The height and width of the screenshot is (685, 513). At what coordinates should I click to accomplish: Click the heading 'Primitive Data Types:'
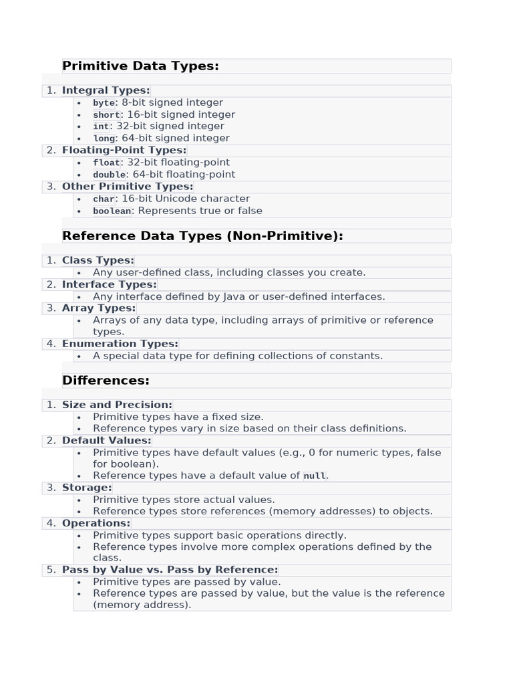pos(140,66)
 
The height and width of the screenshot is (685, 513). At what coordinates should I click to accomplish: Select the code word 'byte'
pos(104,103)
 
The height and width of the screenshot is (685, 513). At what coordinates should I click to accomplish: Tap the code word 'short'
pos(106,115)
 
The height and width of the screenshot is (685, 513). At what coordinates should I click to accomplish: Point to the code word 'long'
pos(104,138)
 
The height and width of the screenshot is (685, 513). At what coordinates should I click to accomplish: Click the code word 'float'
pos(106,163)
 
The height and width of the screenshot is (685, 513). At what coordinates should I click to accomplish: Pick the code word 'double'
pos(109,175)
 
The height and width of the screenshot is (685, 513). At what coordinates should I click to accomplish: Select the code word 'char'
pos(104,199)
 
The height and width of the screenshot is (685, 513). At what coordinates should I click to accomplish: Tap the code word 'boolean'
pos(112,211)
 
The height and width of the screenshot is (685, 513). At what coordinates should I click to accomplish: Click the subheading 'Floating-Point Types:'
pos(124,151)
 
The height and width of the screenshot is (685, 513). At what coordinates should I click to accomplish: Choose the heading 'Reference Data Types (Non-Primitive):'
pos(202,235)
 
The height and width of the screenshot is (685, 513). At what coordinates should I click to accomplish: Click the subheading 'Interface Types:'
pos(109,284)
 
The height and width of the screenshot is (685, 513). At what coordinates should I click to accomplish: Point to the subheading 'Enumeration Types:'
pos(120,344)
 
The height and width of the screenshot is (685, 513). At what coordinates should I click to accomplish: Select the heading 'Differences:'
pos(106,381)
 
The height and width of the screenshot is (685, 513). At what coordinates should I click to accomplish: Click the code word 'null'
pos(314,476)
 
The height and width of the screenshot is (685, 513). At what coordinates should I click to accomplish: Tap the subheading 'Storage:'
pos(87,488)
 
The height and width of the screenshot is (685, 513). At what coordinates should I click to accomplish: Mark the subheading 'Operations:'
pos(96,523)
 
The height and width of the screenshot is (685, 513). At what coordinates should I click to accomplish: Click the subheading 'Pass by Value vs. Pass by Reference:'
pos(170,570)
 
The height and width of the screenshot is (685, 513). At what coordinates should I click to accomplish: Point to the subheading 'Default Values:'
pos(107,440)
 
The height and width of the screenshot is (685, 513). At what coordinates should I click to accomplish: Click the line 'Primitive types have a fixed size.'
pos(178,417)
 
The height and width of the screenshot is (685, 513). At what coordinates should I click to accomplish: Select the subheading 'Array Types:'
pos(99,308)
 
